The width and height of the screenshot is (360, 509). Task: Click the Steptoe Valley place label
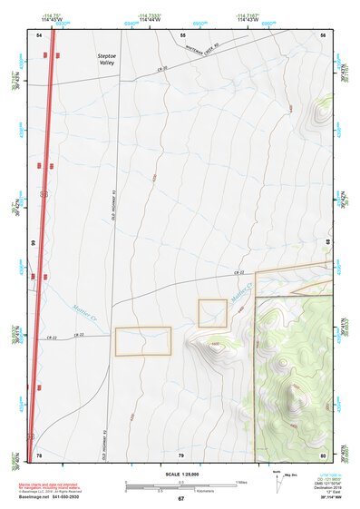108,59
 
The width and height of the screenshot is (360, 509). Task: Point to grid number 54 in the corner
40,34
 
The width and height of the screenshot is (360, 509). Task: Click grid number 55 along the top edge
182,34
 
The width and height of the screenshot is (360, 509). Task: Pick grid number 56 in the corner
324,34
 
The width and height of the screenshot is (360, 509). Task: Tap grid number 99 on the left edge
34,243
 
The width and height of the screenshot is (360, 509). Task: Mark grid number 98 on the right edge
327,242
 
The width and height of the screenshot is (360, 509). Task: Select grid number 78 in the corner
39,453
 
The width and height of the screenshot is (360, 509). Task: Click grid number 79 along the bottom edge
181,454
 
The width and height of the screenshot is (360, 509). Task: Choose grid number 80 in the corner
324,453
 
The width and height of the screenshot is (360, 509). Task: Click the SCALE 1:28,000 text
180,474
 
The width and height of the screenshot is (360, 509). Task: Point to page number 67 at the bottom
180,499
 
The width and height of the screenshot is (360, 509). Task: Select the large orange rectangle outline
142,341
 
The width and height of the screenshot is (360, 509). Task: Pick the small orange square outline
212,313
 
